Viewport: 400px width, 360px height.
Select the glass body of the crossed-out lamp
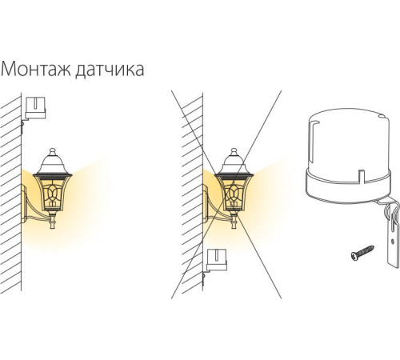coord(234,191)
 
